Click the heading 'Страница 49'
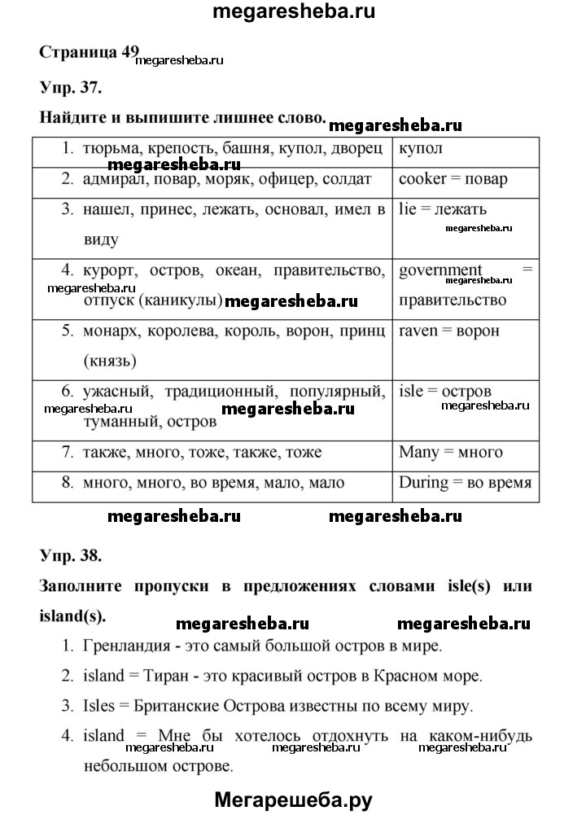[x=90, y=50]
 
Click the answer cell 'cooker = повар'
[x=453, y=179]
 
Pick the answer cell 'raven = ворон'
[x=449, y=331]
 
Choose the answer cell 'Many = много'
[x=450, y=451]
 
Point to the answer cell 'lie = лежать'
[x=443, y=209]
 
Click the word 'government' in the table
[x=440, y=269]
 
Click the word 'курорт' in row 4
[x=107, y=269]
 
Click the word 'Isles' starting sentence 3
[x=98, y=704]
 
